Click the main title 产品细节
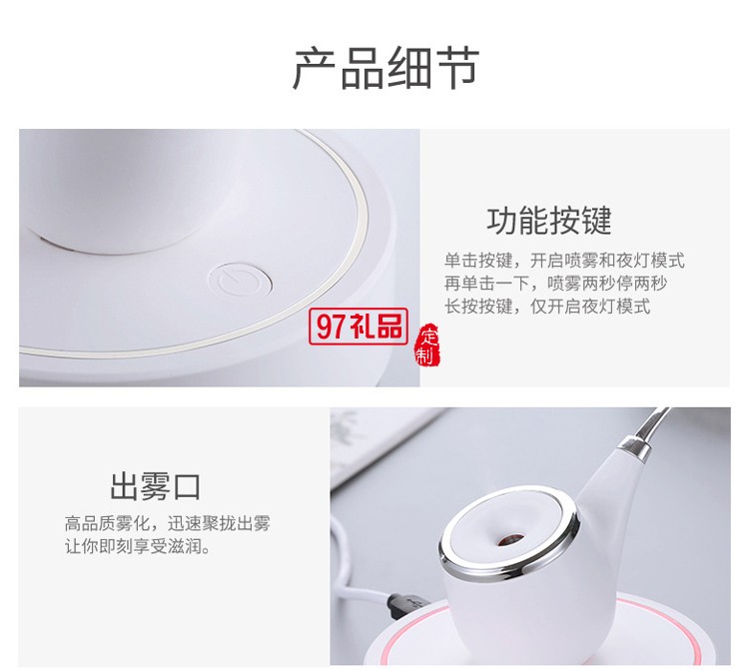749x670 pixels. click(x=385, y=68)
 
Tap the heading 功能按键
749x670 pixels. click(x=549, y=220)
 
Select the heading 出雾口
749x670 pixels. click(x=155, y=487)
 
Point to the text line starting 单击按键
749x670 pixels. click(x=564, y=261)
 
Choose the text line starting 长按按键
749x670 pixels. click(x=546, y=307)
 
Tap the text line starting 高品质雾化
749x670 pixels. click(x=167, y=523)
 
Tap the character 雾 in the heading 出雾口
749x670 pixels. click(x=155, y=487)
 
